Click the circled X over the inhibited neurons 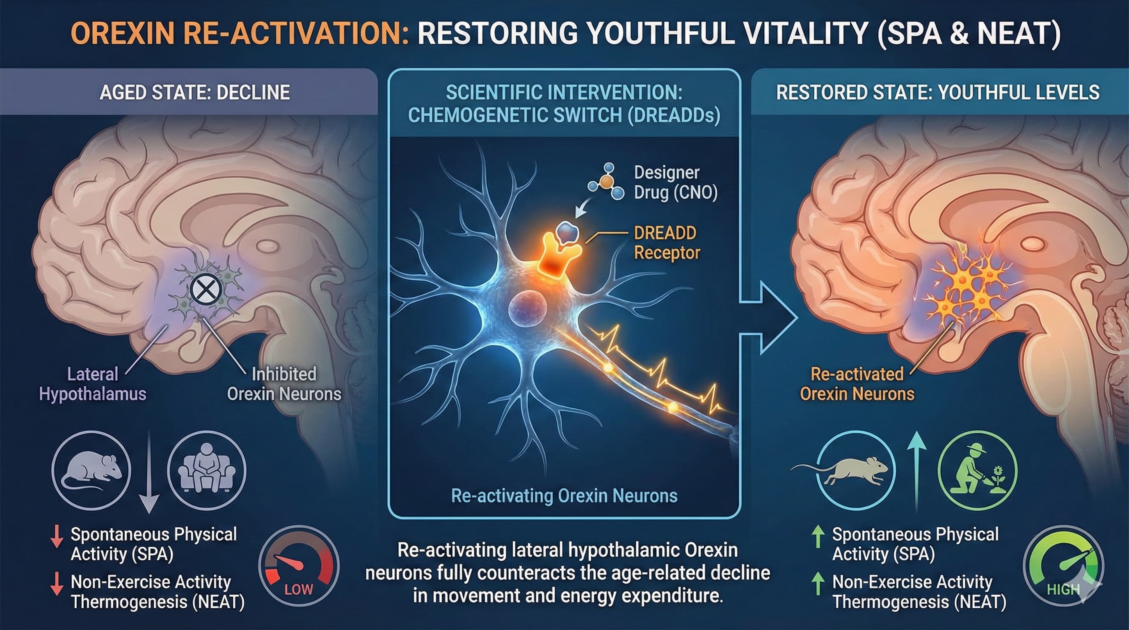click(206, 290)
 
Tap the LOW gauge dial click(299, 566)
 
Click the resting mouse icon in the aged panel click(91, 470)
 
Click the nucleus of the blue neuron click(527, 308)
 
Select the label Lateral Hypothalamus click(92, 384)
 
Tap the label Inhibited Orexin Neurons click(284, 384)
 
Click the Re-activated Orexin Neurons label click(857, 384)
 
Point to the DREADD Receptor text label click(667, 243)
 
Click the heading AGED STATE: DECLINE click(194, 92)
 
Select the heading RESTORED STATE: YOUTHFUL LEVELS click(938, 92)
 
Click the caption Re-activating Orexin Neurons click(564, 496)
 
